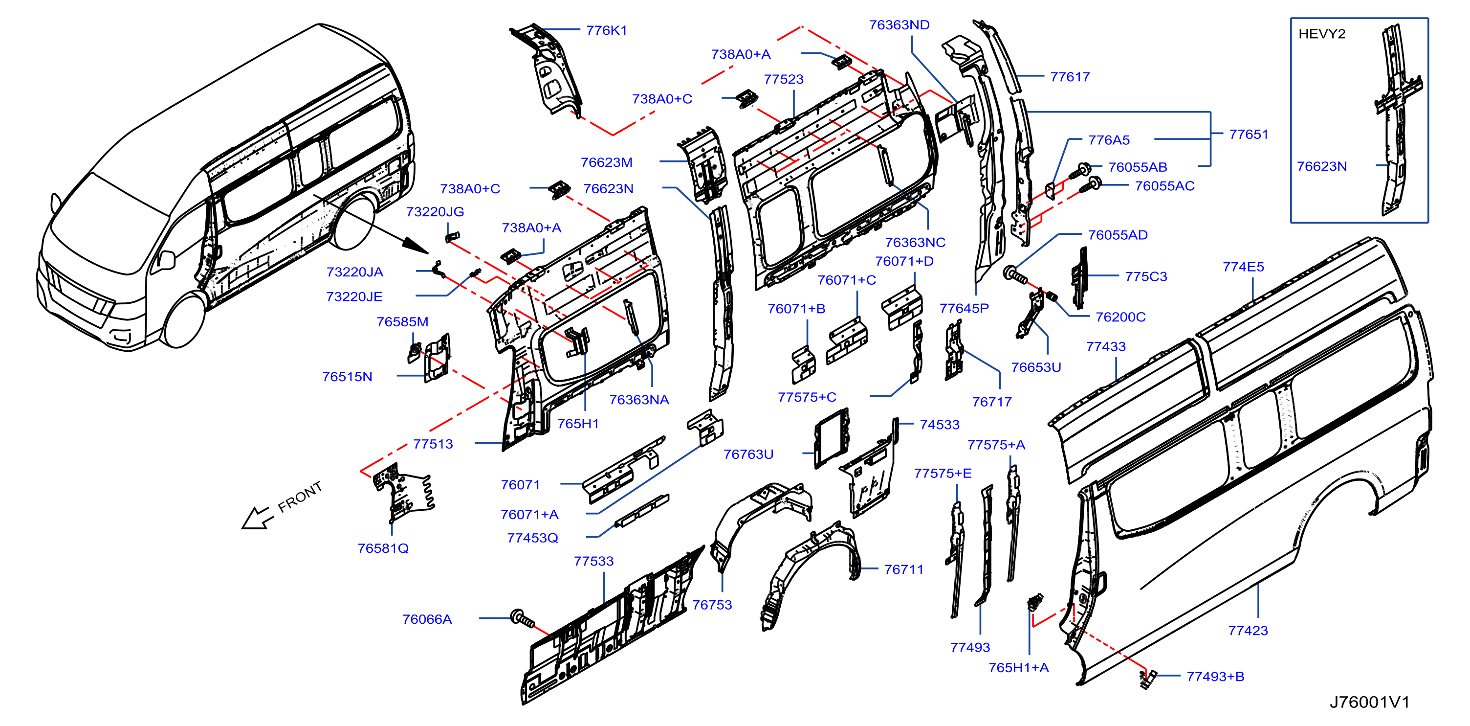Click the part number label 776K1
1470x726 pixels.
(x=607, y=30)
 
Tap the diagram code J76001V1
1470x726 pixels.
(x=1370, y=702)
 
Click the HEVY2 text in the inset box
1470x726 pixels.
(x=1321, y=34)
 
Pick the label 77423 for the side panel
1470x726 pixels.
(x=1248, y=631)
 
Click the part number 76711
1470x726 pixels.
(x=904, y=569)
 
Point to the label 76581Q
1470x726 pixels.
(x=383, y=548)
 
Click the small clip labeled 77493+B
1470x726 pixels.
(x=1147, y=678)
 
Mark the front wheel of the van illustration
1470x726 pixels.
(x=184, y=320)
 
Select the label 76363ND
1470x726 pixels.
(x=900, y=24)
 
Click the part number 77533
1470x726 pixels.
(x=594, y=561)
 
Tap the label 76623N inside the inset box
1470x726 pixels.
(x=1321, y=166)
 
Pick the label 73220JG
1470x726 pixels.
(x=435, y=212)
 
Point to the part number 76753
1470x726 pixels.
(x=712, y=605)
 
